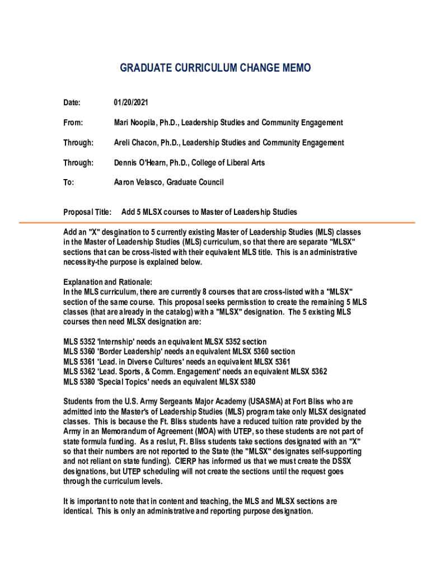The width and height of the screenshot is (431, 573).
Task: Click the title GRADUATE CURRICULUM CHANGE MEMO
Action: pyautogui.click(x=215, y=68)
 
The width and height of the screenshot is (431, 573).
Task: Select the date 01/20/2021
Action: pyautogui.click(x=131, y=102)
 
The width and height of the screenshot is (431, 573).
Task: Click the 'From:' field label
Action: pyautogui.click(x=73, y=123)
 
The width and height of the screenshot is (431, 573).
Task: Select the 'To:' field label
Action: pyautogui.click(x=69, y=182)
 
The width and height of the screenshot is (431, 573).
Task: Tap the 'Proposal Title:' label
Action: pyautogui.click(x=88, y=212)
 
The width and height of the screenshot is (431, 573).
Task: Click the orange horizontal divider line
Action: pyautogui.click(x=215, y=223)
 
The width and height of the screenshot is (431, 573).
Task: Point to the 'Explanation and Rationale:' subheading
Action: pyautogui.click(x=107, y=282)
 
